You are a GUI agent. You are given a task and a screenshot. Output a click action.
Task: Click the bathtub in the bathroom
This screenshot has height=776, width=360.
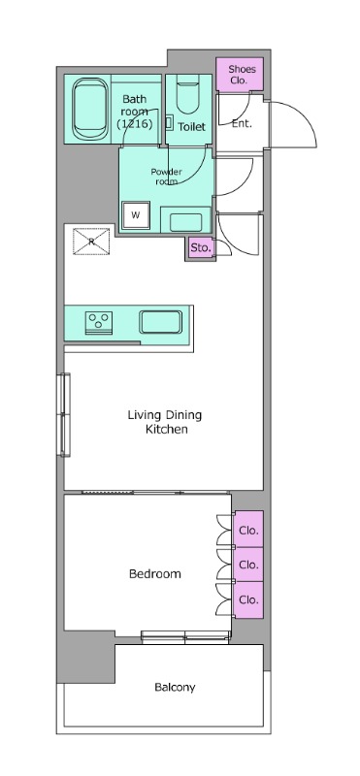(x=91, y=110)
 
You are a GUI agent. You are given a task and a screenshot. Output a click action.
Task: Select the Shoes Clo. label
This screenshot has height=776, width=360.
(x=239, y=75)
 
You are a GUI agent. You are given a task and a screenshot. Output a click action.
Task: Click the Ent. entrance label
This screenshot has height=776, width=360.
(x=242, y=124)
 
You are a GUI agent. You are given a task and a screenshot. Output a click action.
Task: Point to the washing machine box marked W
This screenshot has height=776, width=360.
(x=136, y=215)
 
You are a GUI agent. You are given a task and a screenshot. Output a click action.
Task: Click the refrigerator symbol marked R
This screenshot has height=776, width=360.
(x=91, y=242)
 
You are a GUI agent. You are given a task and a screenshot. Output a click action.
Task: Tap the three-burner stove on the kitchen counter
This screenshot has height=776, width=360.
(x=99, y=320)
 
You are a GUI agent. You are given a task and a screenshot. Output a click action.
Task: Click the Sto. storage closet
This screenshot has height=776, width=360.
(x=201, y=248)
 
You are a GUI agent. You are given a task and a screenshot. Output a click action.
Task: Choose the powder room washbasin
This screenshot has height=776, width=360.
(x=185, y=222)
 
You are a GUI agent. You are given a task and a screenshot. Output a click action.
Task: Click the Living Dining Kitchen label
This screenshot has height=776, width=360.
(x=165, y=422)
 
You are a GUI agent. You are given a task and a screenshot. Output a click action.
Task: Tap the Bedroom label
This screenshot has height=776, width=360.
(x=155, y=574)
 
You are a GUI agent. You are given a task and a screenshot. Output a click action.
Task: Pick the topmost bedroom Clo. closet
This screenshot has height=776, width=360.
(x=248, y=529)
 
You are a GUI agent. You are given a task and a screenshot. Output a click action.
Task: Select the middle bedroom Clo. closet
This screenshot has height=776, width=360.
(x=248, y=565)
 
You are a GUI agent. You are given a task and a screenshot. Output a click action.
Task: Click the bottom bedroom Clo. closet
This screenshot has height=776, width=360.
(x=248, y=599)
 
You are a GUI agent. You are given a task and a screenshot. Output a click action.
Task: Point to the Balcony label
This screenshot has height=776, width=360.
(x=175, y=688)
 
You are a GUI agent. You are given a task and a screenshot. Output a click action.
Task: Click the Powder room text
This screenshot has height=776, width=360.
(x=166, y=177)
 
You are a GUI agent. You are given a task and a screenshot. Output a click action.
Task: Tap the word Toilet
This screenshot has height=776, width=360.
(x=191, y=127)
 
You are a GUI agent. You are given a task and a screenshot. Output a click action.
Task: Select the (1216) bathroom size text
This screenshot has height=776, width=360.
(x=134, y=124)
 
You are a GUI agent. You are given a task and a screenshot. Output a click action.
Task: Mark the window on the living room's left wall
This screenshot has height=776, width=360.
(x=64, y=414)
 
